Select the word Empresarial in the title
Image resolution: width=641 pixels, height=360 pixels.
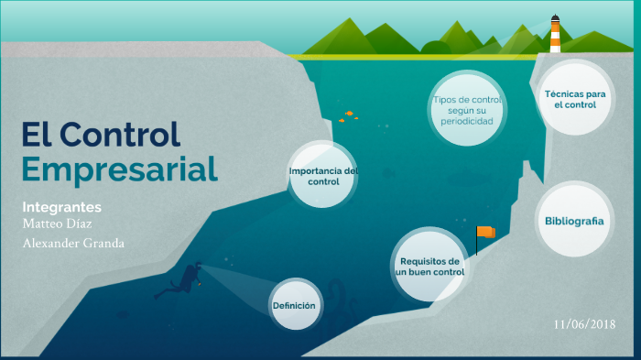coord(119,169)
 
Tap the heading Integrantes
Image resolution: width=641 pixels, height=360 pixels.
coord(61,207)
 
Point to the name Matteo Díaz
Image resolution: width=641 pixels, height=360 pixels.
coord(56,224)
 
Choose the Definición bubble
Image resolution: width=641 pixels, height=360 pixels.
coord(297,305)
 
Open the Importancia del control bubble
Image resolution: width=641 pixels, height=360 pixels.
coord(322,175)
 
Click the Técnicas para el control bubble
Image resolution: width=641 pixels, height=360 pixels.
coord(575,99)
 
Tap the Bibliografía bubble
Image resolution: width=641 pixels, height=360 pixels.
coord(574,221)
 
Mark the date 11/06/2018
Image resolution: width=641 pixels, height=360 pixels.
coord(584,324)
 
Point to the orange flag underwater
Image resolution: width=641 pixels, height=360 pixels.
coord(486,233)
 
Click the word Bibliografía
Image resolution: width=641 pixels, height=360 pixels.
coord(574,221)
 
